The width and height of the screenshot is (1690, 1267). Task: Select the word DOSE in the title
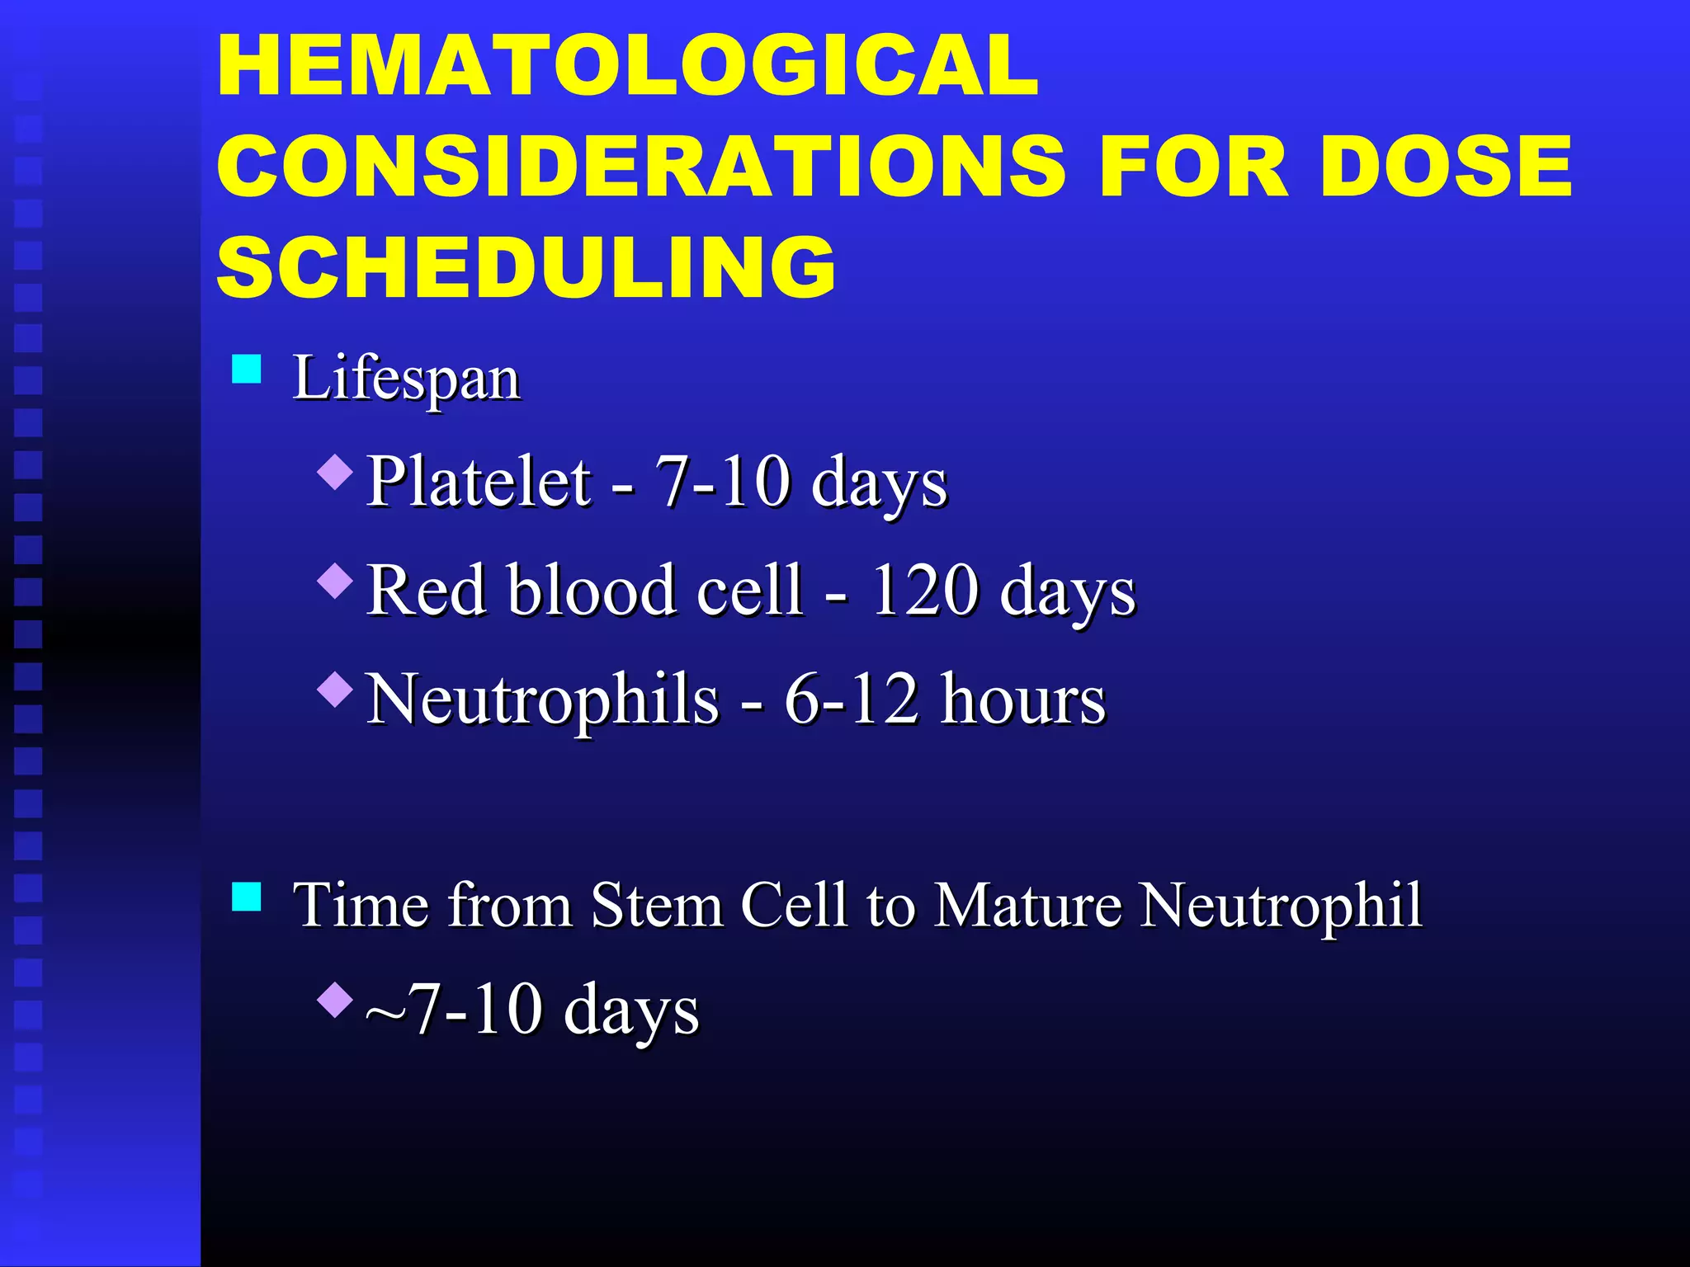(1446, 167)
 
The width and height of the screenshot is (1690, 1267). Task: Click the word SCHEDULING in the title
(526, 266)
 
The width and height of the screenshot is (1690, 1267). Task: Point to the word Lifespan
(406, 379)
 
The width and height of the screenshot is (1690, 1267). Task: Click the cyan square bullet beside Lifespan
(247, 369)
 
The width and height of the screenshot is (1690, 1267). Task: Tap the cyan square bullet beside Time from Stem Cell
(247, 896)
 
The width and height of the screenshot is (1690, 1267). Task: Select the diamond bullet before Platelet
(335, 473)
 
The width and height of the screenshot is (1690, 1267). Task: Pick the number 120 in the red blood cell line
(924, 591)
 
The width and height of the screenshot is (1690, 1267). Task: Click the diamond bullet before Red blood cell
(335, 581)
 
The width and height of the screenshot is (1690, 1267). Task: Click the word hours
(1023, 699)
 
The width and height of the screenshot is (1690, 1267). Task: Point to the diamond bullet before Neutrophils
(335, 689)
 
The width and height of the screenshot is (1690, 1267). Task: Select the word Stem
(657, 906)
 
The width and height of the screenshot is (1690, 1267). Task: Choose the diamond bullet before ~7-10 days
(335, 999)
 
